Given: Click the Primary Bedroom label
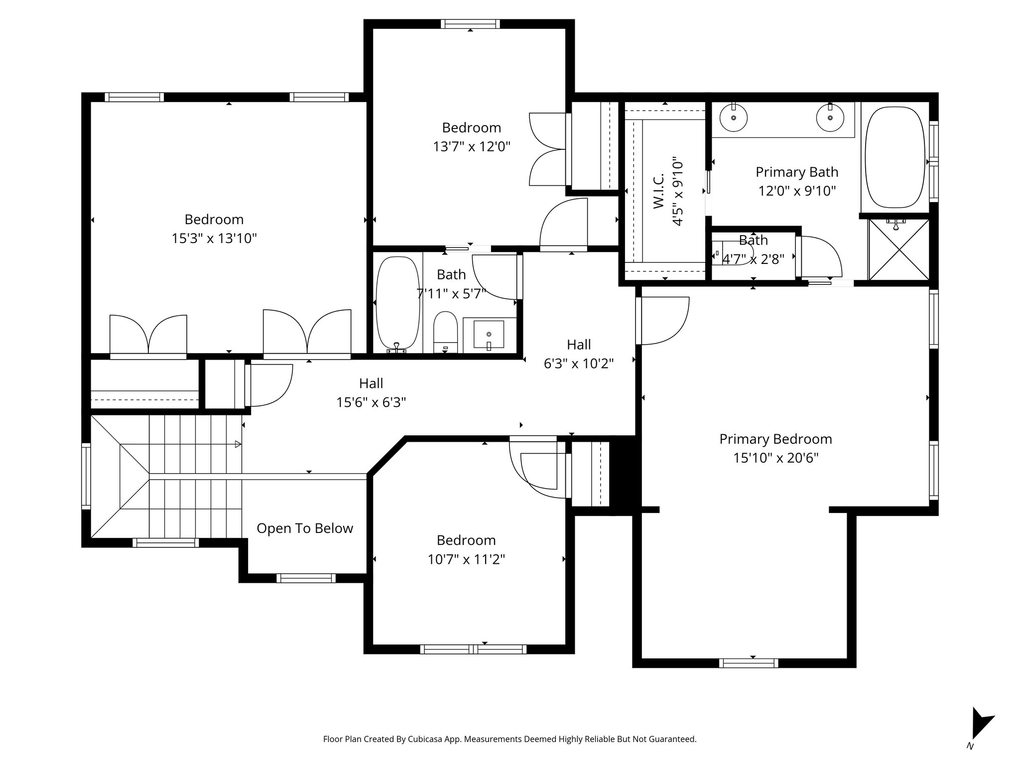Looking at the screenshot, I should click(x=775, y=439).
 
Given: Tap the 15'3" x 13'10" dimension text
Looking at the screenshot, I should click(x=214, y=239).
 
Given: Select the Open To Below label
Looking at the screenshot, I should click(x=305, y=528).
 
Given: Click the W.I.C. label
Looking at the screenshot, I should click(x=658, y=191).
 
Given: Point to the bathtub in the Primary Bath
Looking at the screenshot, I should click(x=894, y=157).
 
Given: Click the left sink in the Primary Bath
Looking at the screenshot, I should click(x=734, y=118).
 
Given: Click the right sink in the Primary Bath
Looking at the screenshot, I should click(x=830, y=118).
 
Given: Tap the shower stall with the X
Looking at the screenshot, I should click(x=898, y=249).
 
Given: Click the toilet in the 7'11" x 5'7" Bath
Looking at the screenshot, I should click(x=445, y=333).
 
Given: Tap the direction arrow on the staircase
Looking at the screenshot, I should click(x=238, y=444).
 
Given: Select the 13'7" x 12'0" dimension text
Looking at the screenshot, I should click(x=471, y=147).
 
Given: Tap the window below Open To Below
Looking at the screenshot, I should click(x=306, y=578).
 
